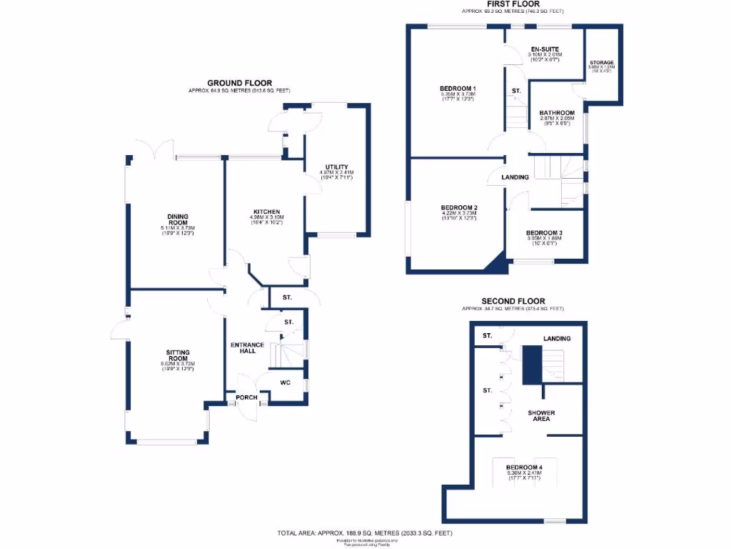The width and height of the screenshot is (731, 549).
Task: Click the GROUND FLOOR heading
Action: coord(239,83)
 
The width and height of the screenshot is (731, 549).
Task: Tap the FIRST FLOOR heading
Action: coord(512,4)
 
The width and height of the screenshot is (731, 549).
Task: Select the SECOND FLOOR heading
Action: coord(513,301)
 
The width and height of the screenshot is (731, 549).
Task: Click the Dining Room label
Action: coord(178,219)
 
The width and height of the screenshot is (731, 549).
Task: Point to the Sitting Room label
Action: coord(178,356)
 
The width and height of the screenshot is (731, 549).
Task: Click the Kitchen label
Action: coord(266,212)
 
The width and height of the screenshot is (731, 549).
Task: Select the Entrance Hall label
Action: coord(248,349)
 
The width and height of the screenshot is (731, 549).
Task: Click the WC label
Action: coord(286,382)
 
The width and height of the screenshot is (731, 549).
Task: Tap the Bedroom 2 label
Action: coord(460,207)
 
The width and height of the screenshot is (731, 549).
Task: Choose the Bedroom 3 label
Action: coord(544,233)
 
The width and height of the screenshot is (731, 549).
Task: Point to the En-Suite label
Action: coord(545,49)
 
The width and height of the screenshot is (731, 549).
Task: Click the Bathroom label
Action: coord(557,112)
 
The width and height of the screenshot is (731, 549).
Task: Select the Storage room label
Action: coord(601,63)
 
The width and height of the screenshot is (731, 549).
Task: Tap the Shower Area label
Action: coord(541,415)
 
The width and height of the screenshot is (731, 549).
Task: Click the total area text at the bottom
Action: coord(365,533)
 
